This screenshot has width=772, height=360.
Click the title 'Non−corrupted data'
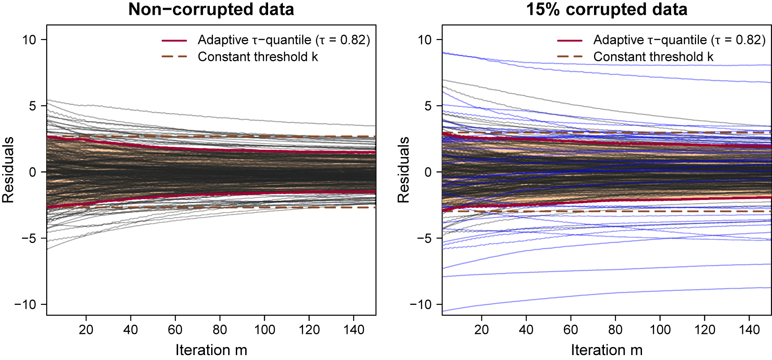[x=211, y=9]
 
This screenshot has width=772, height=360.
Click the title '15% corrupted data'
[x=607, y=9]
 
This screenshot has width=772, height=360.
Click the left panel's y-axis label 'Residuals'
[x=8, y=170]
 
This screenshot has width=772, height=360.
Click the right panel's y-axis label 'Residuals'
[x=403, y=170]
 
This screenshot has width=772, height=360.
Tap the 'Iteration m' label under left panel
[x=211, y=350]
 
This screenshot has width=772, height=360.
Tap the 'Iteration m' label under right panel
[x=607, y=350]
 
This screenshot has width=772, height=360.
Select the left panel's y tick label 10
[x=29, y=40]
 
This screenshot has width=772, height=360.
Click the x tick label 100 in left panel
[x=265, y=330]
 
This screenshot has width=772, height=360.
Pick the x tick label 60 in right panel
[x=571, y=330]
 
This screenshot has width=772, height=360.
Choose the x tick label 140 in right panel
[x=749, y=330]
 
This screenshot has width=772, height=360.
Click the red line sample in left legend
[x=174, y=40]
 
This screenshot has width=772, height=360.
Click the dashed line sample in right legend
[x=570, y=57]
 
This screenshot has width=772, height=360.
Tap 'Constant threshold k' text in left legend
[x=258, y=57]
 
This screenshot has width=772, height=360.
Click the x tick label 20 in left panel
[x=86, y=330]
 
